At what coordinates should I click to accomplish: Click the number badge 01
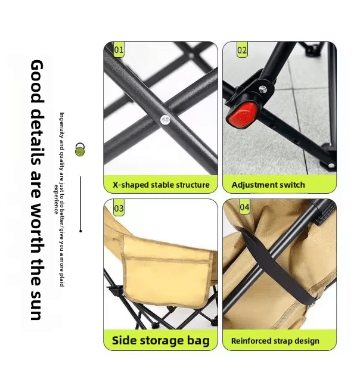click(x=119, y=50)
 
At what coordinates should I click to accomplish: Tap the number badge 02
click(x=242, y=51)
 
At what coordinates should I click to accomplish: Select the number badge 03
click(x=119, y=209)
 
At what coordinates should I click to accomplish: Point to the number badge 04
click(x=244, y=207)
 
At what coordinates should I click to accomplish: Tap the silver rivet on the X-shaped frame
click(x=165, y=120)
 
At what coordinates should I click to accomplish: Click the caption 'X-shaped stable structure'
click(x=161, y=185)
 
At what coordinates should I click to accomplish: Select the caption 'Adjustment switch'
click(x=268, y=185)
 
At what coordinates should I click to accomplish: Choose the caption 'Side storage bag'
click(x=161, y=341)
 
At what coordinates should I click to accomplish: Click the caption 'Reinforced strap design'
click(x=275, y=341)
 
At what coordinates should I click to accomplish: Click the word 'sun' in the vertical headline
click(x=37, y=304)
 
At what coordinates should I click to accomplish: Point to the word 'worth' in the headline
click(x=37, y=226)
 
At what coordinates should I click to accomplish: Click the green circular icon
click(x=80, y=150)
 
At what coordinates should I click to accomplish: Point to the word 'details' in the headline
click(x=37, y=134)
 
